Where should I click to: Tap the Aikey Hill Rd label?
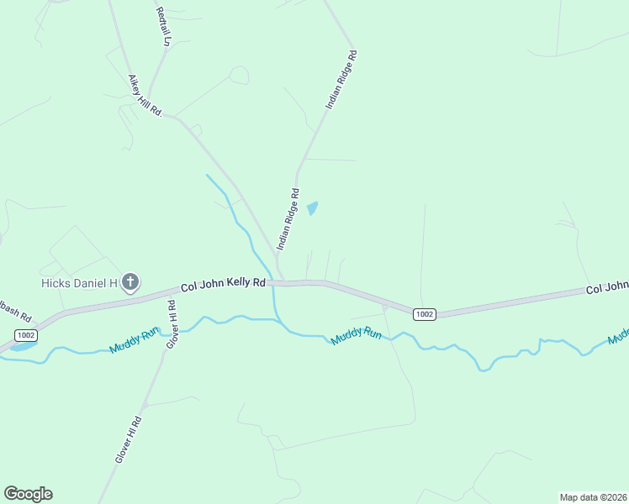pos(144,94)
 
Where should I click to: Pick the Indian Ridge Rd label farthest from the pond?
pos(342,81)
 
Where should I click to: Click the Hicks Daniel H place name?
pos(79,283)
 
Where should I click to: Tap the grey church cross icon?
pos(130,282)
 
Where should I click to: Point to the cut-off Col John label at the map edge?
pos(606,288)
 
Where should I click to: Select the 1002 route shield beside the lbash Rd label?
pos(26,334)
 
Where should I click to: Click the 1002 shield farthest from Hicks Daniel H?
pos(425,314)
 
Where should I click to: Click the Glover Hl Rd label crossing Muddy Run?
pos(172,324)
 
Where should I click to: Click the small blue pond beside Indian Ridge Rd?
pos(313,208)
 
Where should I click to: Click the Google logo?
pos(28,494)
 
